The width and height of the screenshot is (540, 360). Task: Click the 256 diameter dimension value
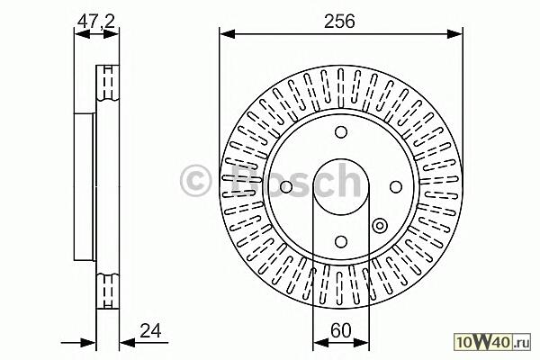339,22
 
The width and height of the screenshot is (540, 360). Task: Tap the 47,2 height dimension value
95,22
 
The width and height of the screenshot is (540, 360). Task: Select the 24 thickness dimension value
150,330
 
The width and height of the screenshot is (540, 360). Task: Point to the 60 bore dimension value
340,330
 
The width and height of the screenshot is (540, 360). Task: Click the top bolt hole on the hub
341,132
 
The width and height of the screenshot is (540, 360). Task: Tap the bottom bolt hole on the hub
341,242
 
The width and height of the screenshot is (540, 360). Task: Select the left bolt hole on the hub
286,187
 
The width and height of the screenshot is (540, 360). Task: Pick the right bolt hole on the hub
396,187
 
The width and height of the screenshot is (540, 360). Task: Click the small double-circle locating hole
380,226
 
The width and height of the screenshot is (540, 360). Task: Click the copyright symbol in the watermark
195,180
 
